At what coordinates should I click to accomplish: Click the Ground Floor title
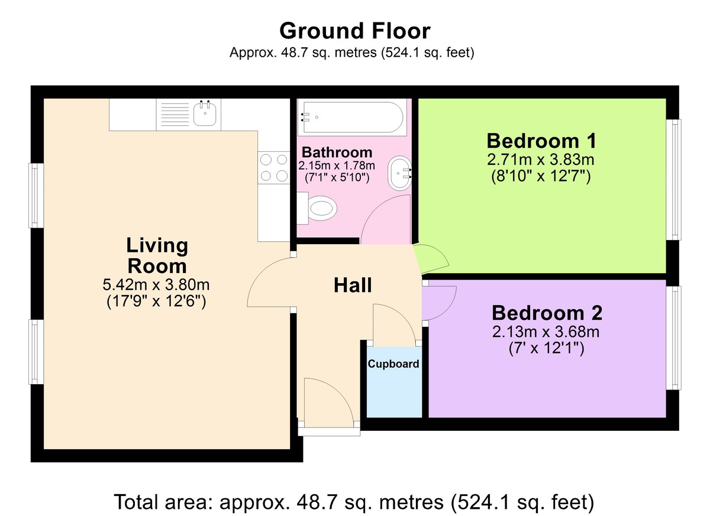coord(354,30)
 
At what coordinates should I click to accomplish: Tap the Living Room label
coord(157,255)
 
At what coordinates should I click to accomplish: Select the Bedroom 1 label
coord(541,141)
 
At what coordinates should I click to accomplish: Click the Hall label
coord(353,285)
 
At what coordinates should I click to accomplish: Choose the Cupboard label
coord(393,364)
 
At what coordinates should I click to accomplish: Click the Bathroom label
coord(337,152)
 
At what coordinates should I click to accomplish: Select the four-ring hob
coord(273,167)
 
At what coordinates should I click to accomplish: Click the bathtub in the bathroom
coord(353,116)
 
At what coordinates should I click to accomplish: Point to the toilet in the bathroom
coord(320,209)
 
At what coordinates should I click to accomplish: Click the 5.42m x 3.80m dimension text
coord(157,285)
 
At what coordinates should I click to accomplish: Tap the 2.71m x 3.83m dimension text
coord(541,160)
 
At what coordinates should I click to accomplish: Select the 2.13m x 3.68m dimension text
coord(546,332)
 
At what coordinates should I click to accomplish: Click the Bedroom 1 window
coord(674,179)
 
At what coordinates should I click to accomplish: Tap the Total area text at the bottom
coord(354,502)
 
